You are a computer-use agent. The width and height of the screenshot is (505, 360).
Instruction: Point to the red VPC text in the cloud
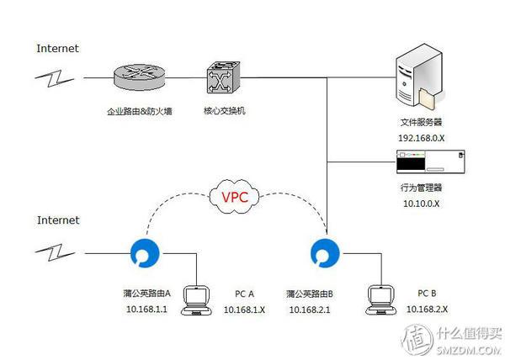[236, 199]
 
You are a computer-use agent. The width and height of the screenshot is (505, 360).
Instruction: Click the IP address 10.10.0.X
[421, 203]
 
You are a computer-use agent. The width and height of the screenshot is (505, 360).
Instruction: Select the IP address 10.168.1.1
[146, 310]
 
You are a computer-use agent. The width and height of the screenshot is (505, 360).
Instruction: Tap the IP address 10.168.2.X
[427, 310]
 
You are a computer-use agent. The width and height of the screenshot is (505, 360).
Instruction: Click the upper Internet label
[58, 48]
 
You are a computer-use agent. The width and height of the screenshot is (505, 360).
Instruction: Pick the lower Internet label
[58, 220]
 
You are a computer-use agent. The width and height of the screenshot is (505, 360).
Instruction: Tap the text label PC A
[244, 294]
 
